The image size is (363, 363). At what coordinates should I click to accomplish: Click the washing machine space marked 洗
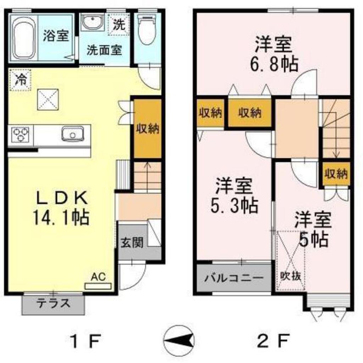(x=119, y=25)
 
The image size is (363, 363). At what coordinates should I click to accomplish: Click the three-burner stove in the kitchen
(x=20, y=135)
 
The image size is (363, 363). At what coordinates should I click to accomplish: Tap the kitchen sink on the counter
(x=72, y=134)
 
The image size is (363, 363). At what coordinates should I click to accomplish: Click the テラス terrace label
(x=54, y=303)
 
